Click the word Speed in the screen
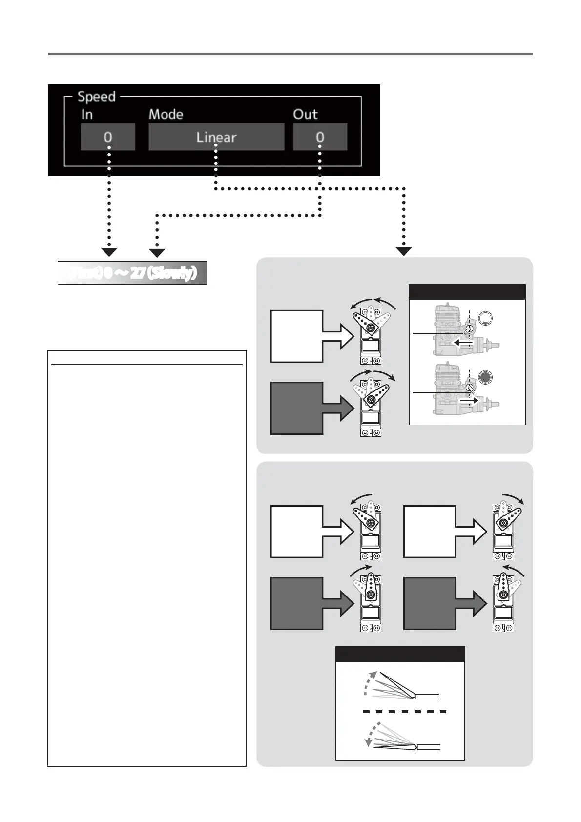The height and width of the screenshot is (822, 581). coord(97,97)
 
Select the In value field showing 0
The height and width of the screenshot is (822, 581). coord(108,137)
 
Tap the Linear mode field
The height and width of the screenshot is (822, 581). coord(216,137)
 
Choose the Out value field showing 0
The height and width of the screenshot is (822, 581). coord(320,137)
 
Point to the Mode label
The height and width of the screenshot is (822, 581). coord(166,115)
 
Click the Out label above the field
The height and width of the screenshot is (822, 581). coord(305,115)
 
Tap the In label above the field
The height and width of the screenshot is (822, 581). coord(87,115)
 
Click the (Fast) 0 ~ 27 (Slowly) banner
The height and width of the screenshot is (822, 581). coord(132,273)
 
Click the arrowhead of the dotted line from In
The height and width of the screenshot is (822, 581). coord(109,252)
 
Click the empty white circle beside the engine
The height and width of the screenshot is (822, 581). coord(486,319)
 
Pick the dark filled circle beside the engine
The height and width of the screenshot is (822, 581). coord(486,377)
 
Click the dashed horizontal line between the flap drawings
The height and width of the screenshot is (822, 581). coord(404,712)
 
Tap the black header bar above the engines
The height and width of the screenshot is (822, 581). coord(467,291)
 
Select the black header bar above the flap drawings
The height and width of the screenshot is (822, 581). coord(400,654)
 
